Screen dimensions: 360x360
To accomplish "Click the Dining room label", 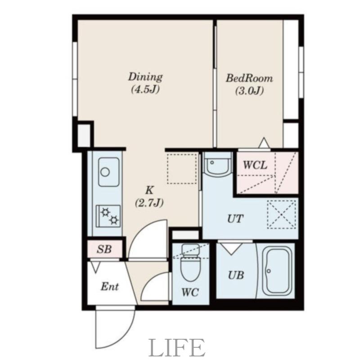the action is coord(145,76).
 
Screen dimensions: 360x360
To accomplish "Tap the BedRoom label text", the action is coord(249,78).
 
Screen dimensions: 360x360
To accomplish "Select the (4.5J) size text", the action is coord(145,90).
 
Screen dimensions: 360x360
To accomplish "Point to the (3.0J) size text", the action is coord(249,91).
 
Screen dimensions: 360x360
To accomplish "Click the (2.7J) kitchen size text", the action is coord(149,203).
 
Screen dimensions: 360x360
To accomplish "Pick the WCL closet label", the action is coord(255,165).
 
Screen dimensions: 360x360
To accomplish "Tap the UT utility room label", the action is coord(235,219).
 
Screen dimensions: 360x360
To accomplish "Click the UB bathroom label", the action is coord(236,275).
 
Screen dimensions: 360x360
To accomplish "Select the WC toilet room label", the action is coord(190,292).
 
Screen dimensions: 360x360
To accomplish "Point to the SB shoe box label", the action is coord(104,249).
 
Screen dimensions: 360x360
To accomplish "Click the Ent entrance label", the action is coord(110,287).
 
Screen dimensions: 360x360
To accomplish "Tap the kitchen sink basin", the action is coord(108,172).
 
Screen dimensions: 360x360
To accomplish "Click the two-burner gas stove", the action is coord(108,216).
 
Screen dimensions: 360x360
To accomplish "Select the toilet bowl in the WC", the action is coord(190,263).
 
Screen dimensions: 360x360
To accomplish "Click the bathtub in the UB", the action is coord(277,271).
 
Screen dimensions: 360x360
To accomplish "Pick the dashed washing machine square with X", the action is coord(282,215).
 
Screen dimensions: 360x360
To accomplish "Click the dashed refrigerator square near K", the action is coord(182,169).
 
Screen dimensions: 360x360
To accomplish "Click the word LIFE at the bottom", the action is coord(177,347).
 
